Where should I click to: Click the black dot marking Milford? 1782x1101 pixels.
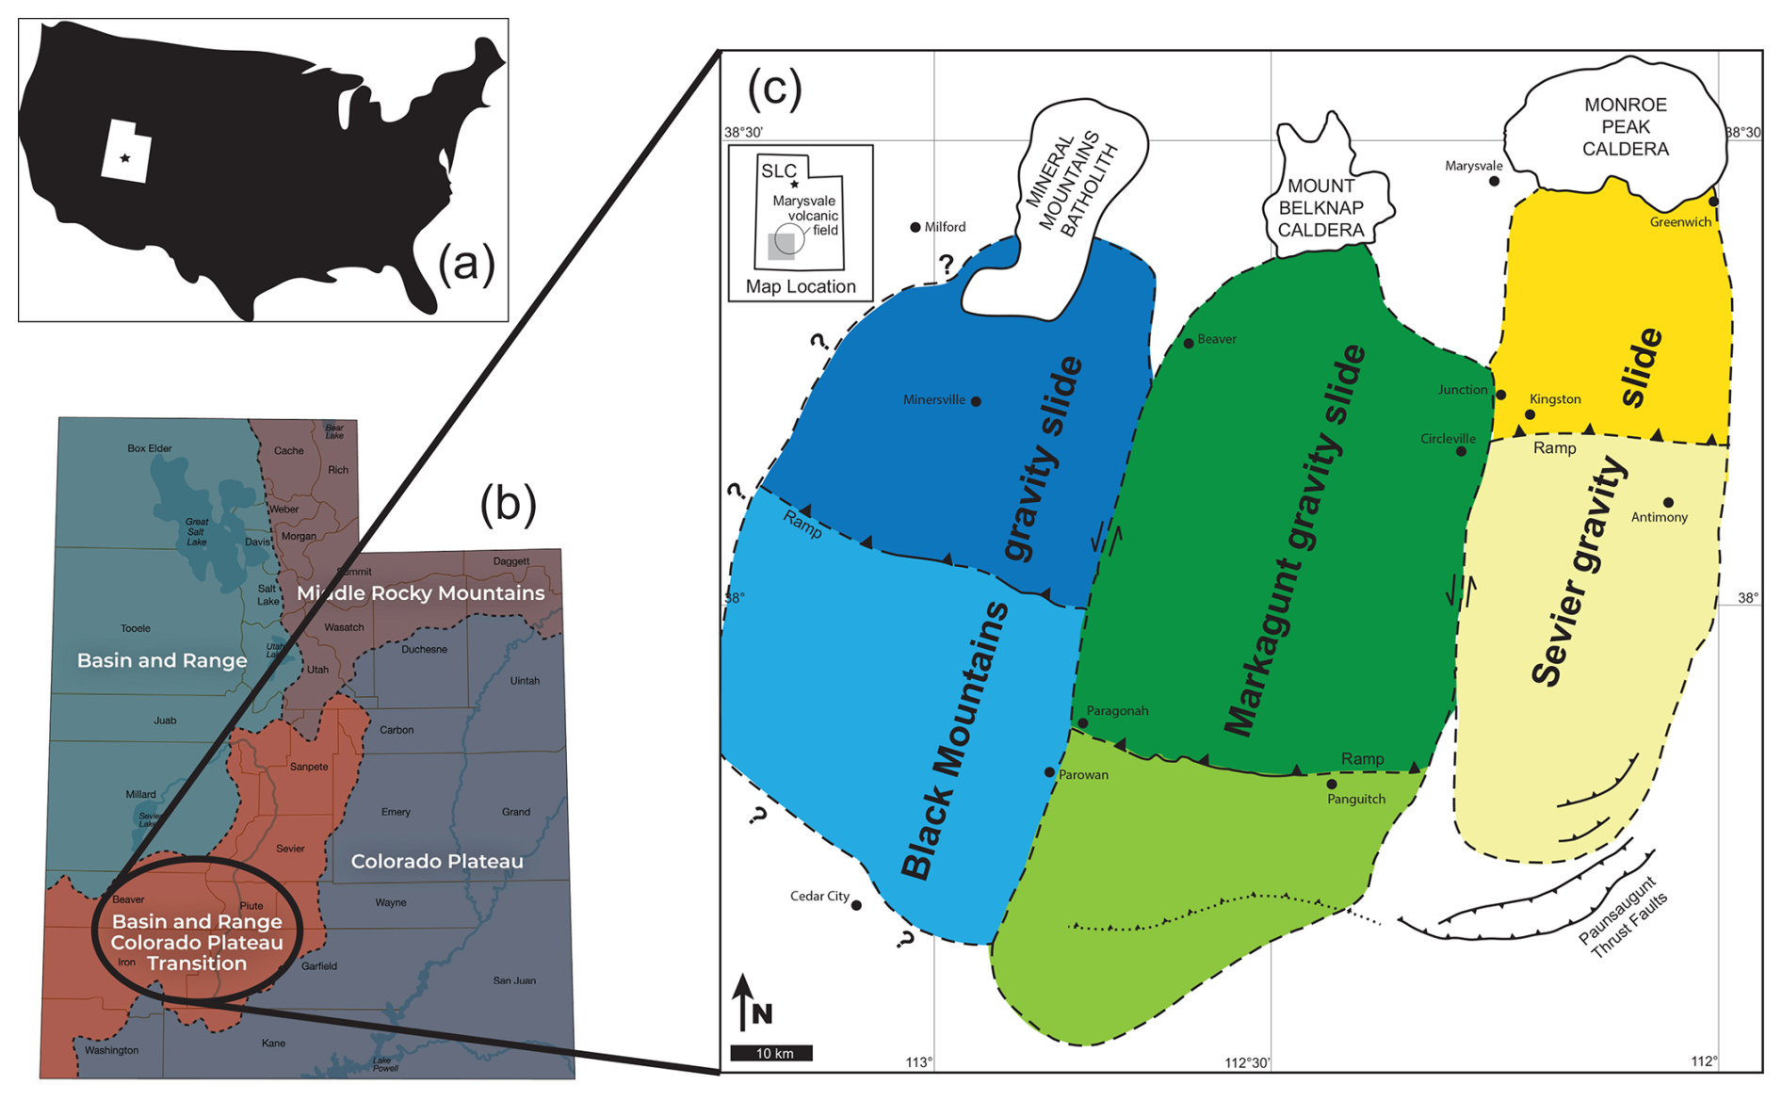tap(915, 227)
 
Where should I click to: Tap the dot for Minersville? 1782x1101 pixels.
tap(976, 401)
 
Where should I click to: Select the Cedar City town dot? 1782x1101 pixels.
tap(856, 905)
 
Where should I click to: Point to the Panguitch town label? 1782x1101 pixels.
tap(1355, 799)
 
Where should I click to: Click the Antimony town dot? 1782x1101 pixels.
tap(1668, 502)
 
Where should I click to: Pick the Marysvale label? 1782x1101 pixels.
tap(1473, 166)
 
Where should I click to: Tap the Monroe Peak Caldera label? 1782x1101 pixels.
tap(1625, 126)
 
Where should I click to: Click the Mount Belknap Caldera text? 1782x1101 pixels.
tap(1320, 208)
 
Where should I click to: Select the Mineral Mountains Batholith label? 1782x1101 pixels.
tap(1071, 185)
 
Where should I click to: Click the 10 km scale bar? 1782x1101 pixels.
tap(771, 1053)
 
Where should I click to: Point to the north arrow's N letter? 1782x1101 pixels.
tap(762, 1013)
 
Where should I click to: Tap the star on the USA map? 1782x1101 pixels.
tap(125, 158)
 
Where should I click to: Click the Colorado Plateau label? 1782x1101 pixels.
tap(436, 861)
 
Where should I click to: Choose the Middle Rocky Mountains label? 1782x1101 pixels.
tap(420, 592)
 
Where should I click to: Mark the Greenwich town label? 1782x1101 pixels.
tap(1680, 222)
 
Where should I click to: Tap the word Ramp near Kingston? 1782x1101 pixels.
tap(1554, 448)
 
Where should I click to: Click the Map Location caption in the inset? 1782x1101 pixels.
tap(801, 286)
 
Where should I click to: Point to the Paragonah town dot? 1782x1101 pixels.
tap(1082, 723)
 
